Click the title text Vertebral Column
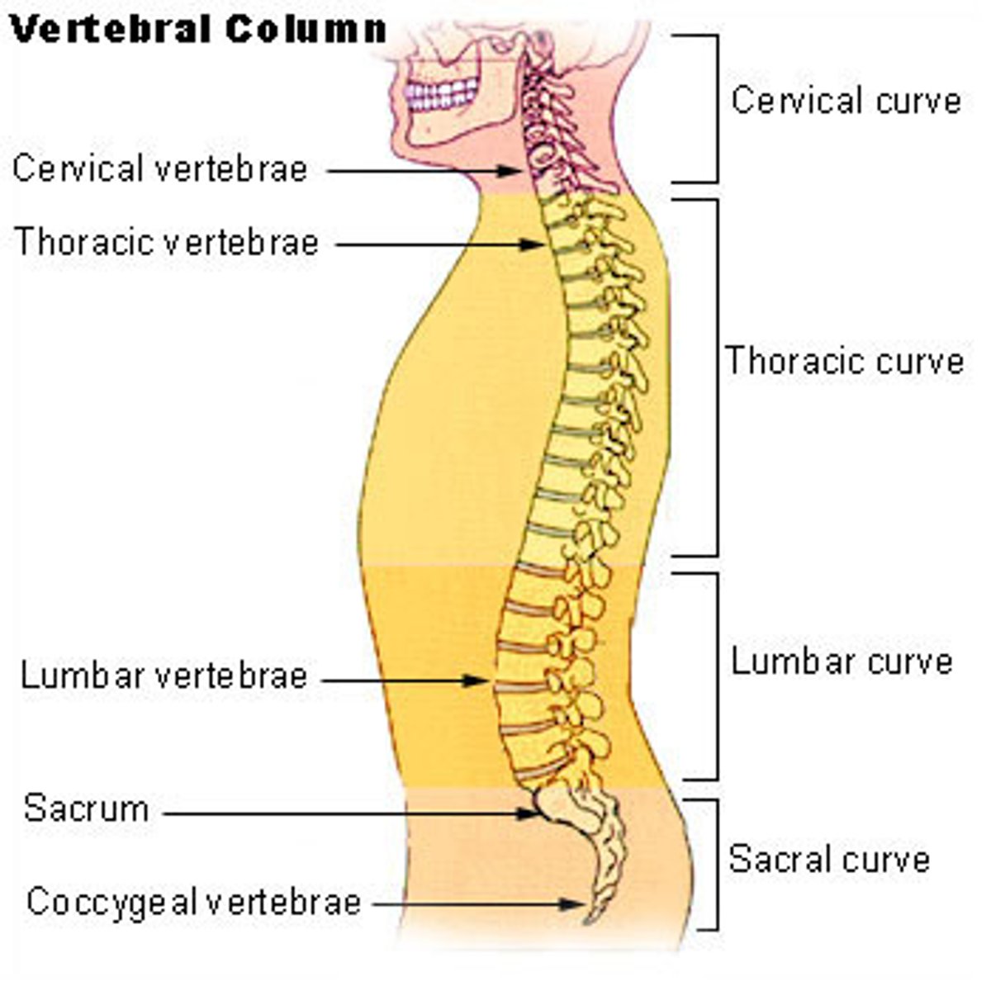(198, 30)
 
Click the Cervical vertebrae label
(160, 169)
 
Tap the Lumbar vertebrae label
(164, 676)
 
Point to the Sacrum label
(87, 808)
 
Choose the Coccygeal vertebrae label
(194, 901)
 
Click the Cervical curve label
(846, 101)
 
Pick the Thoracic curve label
(844, 362)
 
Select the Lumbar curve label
(842, 661)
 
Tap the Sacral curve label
(829, 860)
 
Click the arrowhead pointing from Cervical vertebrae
(511, 171)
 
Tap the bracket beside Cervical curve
(715, 108)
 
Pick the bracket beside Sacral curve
(715, 864)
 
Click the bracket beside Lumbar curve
(715, 676)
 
